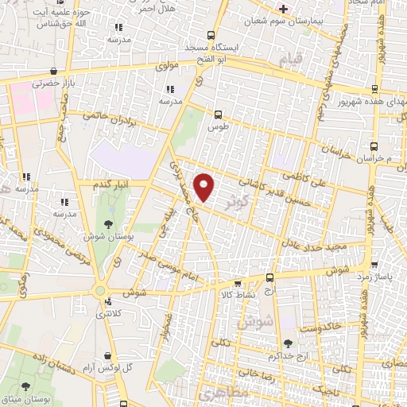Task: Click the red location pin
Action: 205,188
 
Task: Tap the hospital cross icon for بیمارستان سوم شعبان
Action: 282,9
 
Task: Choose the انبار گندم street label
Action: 112,184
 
